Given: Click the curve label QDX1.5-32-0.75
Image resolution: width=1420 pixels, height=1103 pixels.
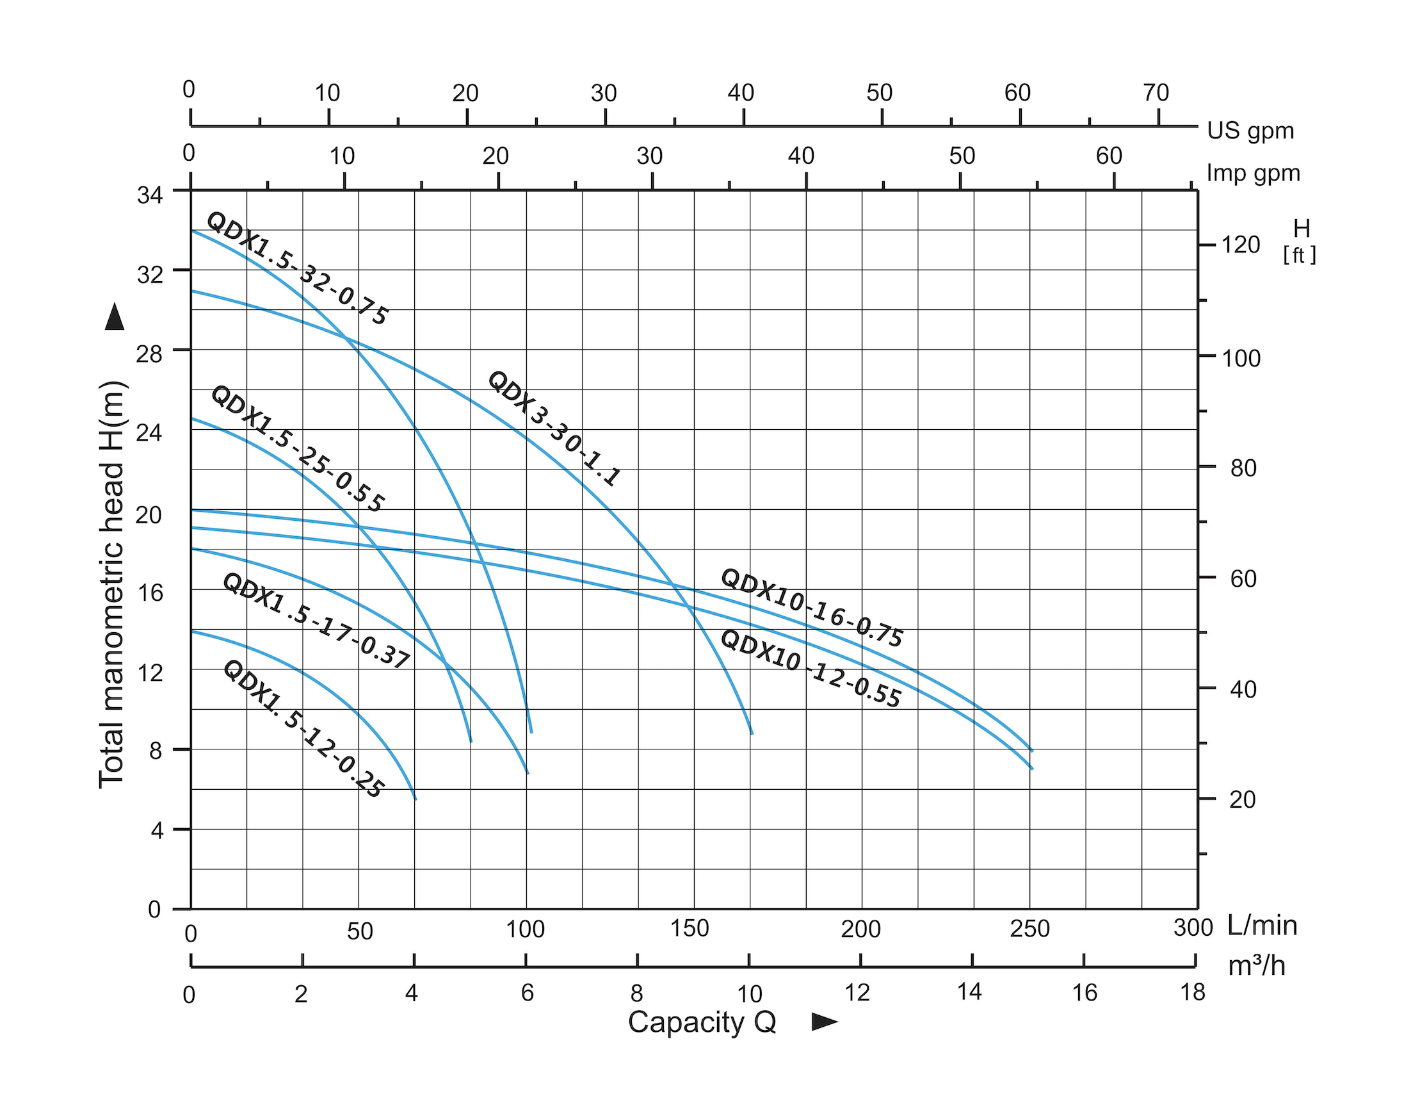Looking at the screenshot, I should [x=297, y=268].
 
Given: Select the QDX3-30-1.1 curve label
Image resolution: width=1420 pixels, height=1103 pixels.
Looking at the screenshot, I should [x=553, y=429].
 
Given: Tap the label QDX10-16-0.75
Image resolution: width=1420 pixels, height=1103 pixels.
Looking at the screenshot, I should [x=811, y=608].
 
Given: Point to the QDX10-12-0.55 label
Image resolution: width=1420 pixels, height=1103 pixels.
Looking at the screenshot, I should [x=810, y=669].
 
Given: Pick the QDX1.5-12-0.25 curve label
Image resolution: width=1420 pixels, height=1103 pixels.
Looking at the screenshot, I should [x=303, y=729].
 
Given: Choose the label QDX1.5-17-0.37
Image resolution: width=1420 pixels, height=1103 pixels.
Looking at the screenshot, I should [x=316, y=621].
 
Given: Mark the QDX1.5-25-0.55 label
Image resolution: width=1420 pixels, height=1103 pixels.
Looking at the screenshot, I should [x=298, y=450].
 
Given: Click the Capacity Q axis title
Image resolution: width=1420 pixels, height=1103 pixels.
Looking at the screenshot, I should [x=702, y=1022].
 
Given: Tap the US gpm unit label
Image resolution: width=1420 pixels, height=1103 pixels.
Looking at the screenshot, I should [x=1250, y=131].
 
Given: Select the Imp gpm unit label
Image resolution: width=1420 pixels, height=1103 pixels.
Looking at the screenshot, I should [x=1253, y=173].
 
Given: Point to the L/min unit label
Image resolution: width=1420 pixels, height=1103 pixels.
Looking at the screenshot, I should [x=1262, y=926].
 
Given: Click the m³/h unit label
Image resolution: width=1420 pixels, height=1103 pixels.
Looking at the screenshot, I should [x=1256, y=967].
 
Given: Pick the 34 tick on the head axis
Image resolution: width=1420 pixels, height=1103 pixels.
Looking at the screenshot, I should [x=150, y=195].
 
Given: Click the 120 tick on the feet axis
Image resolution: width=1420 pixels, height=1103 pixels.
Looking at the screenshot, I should [x=1241, y=245].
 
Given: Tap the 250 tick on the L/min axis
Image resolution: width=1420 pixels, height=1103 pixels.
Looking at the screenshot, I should [x=1029, y=929].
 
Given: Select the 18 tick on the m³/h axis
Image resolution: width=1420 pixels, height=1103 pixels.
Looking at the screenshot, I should [x=1193, y=992].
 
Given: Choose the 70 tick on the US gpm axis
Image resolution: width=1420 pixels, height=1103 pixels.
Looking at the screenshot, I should [x=1156, y=93].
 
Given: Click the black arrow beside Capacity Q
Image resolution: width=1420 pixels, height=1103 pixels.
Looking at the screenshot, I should [x=825, y=1022].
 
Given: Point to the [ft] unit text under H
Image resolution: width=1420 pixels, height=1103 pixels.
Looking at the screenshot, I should [x=1299, y=255].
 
